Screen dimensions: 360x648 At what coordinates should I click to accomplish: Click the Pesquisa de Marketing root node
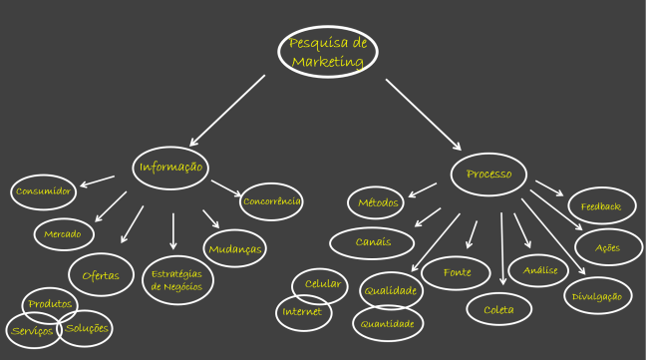(x=328, y=52)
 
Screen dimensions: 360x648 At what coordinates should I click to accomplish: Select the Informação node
(x=170, y=168)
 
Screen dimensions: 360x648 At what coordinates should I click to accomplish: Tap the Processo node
(x=488, y=175)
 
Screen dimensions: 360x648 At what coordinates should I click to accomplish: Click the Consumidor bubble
(x=43, y=190)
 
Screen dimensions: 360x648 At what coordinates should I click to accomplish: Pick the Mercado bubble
(x=63, y=234)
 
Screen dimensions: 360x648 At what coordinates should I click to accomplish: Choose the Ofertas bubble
(x=101, y=275)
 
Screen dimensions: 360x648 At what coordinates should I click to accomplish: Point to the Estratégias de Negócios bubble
(x=176, y=279)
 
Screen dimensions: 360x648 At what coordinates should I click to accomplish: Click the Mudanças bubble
(x=235, y=248)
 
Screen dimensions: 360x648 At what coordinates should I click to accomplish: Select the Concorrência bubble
(x=272, y=201)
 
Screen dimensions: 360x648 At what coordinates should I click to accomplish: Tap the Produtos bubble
(x=49, y=303)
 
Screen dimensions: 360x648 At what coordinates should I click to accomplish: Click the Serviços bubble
(x=30, y=331)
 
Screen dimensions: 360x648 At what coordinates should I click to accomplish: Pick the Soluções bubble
(x=86, y=328)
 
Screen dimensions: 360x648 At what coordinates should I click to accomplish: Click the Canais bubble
(x=373, y=241)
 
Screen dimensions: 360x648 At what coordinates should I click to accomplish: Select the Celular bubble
(x=321, y=284)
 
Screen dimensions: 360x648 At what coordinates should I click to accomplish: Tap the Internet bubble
(x=302, y=312)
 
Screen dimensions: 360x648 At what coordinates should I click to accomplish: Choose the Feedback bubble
(x=601, y=206)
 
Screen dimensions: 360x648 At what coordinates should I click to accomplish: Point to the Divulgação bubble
(x=597, y=295)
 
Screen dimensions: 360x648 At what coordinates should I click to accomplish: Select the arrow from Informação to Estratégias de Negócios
(x=173, y=230)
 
